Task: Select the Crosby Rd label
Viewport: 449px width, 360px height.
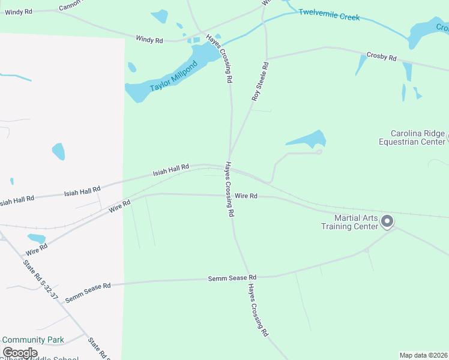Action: click(x=382, y=58)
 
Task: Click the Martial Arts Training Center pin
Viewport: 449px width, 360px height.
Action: click(x=388, y=221)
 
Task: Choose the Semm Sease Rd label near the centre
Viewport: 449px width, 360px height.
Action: click(x=232, y=278)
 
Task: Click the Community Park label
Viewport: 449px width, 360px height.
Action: click(x=33, y=340)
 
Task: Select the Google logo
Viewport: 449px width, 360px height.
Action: click(x=20, y=353)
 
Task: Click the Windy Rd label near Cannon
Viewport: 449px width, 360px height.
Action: click(x=18, y=12)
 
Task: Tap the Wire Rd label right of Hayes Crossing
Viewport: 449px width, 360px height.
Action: click(x=246, y=196)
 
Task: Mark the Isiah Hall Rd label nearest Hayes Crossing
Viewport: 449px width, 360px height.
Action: click(x=170, y=170)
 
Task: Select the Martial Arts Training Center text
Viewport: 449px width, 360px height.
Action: click(x=349, y=221)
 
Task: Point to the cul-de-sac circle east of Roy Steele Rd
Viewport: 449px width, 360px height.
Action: click(x=319, y=152)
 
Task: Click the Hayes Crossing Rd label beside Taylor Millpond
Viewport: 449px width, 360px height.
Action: click(x=220, y=58)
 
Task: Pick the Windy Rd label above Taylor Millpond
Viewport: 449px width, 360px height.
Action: click(x=149, y=40)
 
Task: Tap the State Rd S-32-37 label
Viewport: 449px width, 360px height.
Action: click(x=41, y=280)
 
